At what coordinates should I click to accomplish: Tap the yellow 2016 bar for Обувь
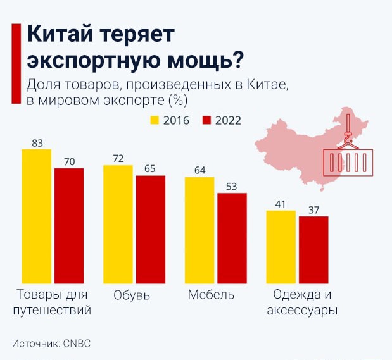[x=118, y=224]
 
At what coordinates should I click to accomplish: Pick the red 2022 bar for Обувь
[x=151, y=229]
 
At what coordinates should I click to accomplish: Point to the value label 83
[x=37, y=143]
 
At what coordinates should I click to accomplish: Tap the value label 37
[x=313, y=210]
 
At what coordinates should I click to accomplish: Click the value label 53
[x=232, y=187]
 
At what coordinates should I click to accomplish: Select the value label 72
[x=118, y=159]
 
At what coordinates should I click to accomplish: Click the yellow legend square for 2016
[x=155, y=120]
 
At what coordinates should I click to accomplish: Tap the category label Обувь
[x=132, y=295]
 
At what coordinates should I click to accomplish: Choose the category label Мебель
[x=212, y=295]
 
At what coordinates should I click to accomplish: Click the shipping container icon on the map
[x=346, y=162]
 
